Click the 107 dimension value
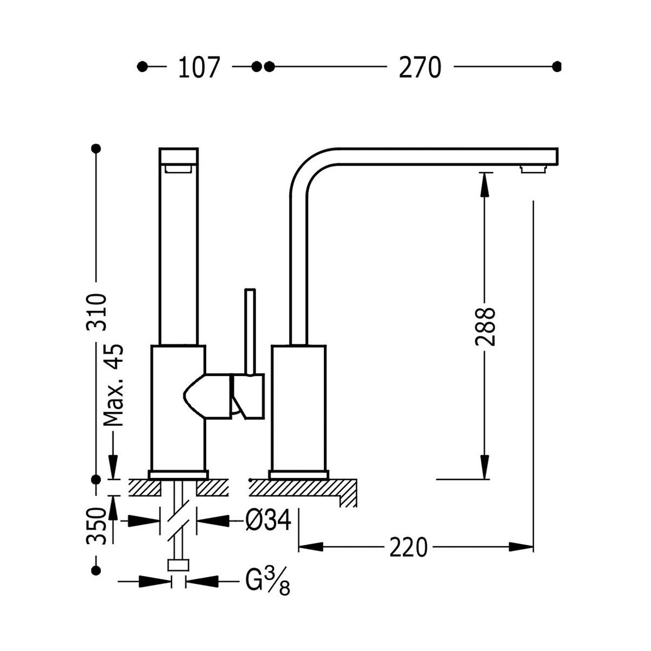[x=199, y=67]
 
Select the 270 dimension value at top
[x=419, y=67]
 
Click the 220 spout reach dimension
[x=407, y=547]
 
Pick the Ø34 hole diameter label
[x=269, y=521]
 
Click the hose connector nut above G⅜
[x=178, y=566]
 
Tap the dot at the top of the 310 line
[x=97, y=149]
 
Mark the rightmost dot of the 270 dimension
[x=556, y=67]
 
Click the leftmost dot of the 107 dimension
[x=143, y=67]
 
